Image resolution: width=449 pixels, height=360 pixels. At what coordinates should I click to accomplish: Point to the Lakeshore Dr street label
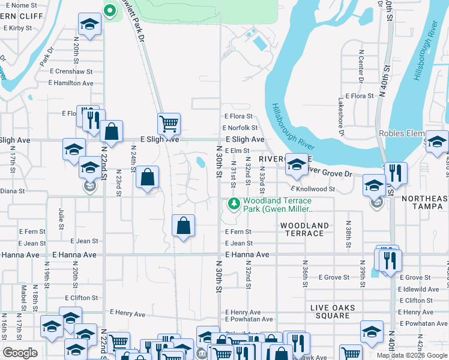point(341,115)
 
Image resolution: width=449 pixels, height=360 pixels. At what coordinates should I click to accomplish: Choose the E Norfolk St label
point(240,128)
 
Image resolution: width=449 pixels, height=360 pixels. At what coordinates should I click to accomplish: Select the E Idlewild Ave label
point(418,289)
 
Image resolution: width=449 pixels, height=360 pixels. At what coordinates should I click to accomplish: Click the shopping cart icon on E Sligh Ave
point(169,124)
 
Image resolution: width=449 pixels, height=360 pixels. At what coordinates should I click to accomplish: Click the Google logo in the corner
point(20,353)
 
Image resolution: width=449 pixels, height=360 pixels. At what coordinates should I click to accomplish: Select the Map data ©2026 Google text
point(412,355)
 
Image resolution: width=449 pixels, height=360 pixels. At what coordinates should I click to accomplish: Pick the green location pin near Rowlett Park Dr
point(109,10)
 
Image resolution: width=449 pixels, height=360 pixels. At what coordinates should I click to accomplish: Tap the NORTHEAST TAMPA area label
point(424,203)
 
